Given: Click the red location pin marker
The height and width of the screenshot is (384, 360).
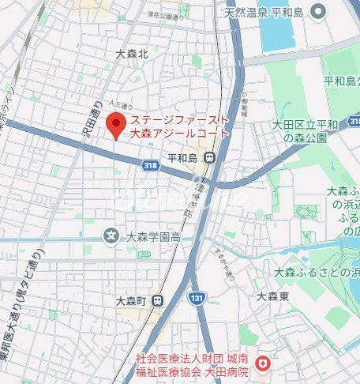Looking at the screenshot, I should coord(117,124).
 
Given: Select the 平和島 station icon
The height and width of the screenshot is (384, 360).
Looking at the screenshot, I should coord(209,158).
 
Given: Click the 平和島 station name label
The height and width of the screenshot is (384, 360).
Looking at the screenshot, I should coord(186,158).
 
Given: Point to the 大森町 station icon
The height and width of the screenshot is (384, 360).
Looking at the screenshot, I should coord(158,300).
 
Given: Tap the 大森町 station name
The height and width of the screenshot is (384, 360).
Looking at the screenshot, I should coord(133,300).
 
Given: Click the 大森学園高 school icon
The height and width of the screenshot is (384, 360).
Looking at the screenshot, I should coord(112,235).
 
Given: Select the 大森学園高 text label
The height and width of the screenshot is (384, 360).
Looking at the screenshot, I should coord(154,236).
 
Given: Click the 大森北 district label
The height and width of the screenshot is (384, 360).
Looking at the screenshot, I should coord(131,54).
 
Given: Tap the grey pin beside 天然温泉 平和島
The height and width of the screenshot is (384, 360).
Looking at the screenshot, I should coord(319,11).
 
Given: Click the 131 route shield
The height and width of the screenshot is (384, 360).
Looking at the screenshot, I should coord(197,297).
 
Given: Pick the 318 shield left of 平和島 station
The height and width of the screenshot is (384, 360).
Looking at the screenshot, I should coord(150,164).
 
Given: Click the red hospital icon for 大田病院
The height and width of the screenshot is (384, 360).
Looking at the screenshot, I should coord(264,364).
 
